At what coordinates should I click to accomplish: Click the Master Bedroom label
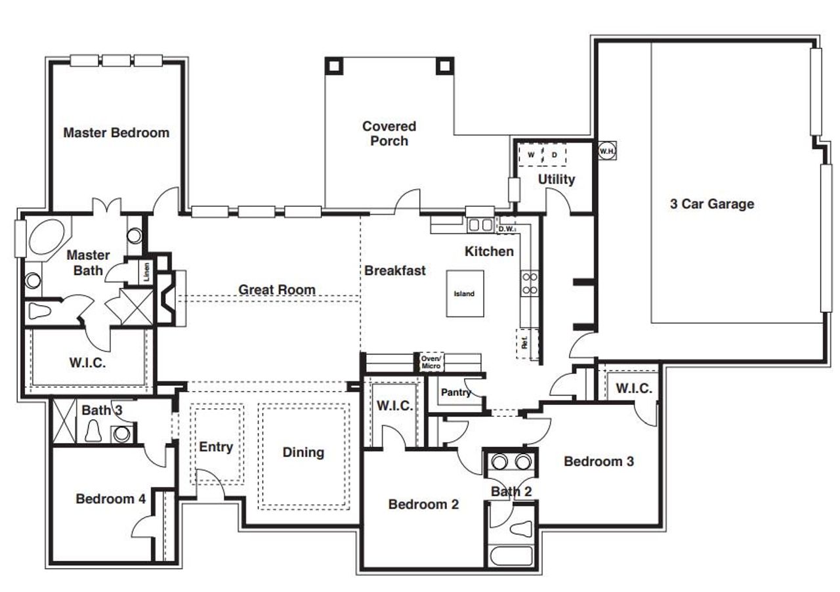point(116,133)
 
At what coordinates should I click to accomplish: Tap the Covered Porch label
point(389,133)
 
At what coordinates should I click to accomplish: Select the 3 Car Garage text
point(712,204)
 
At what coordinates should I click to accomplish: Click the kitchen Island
point(465,293)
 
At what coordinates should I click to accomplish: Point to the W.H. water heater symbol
point(605,151)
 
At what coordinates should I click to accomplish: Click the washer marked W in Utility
point(531,156)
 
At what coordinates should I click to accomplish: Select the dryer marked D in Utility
point(555,156)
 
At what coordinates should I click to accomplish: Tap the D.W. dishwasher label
point(505,229)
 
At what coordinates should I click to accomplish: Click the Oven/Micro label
point(431,362)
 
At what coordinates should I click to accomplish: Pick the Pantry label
point(455,392)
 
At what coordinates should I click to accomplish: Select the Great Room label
point(276,289)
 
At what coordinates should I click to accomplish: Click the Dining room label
point(303,452)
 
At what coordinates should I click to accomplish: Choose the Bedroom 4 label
point(110,499)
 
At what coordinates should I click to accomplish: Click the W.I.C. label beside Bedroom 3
point(633,389)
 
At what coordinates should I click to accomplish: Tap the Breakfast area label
point(395,270)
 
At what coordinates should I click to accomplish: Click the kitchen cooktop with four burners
point(530,283)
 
